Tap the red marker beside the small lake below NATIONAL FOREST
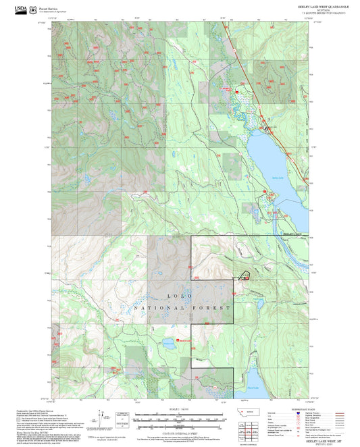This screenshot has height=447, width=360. click(x=178, y=340)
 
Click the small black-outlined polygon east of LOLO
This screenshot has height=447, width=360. click(x=242, y=276)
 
